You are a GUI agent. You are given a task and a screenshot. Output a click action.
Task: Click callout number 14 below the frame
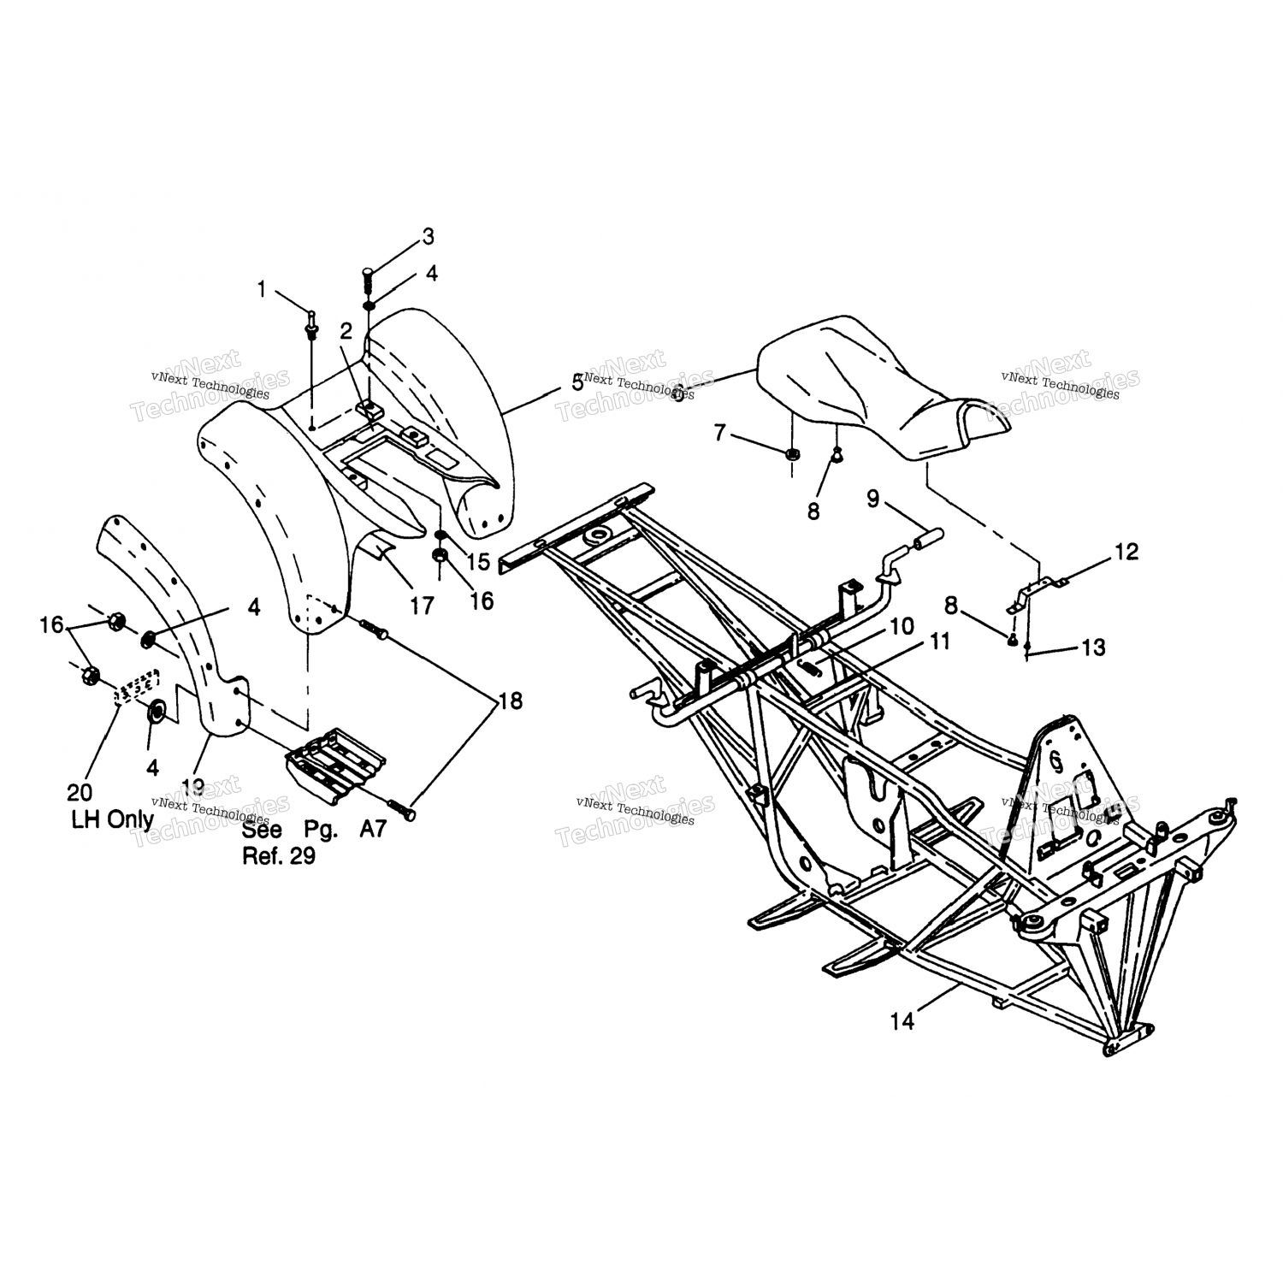[x=902, y=1020]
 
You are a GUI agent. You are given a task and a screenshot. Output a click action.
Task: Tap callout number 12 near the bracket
[x=1127, y=553]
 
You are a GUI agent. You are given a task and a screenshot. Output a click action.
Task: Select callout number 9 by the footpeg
[x=872, y=498]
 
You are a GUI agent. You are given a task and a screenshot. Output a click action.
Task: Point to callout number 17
[x=421, y=606]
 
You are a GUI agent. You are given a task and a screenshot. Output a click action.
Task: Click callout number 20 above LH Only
[x=80, y=794]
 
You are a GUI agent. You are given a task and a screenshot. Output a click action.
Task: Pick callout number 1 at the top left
[x=263, y=290]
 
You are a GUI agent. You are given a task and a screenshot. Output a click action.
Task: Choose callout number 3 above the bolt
[x=428, y=236]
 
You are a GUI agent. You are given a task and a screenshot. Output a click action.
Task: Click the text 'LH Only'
[x=111, y=819]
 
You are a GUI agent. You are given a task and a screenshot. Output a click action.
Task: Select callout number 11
[x=939, y=641]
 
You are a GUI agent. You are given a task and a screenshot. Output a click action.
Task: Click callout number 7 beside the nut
[x=719, y=434]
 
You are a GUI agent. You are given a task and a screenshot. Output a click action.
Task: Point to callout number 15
[x=478, y=561]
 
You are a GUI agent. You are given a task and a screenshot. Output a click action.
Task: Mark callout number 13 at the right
[x=1094, y=647]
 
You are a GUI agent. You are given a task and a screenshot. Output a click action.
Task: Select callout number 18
[x=511, y=701]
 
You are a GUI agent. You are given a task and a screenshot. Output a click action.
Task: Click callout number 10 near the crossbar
[x=902, y=626]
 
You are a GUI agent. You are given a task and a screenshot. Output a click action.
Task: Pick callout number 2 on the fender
[x=346, y=331]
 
